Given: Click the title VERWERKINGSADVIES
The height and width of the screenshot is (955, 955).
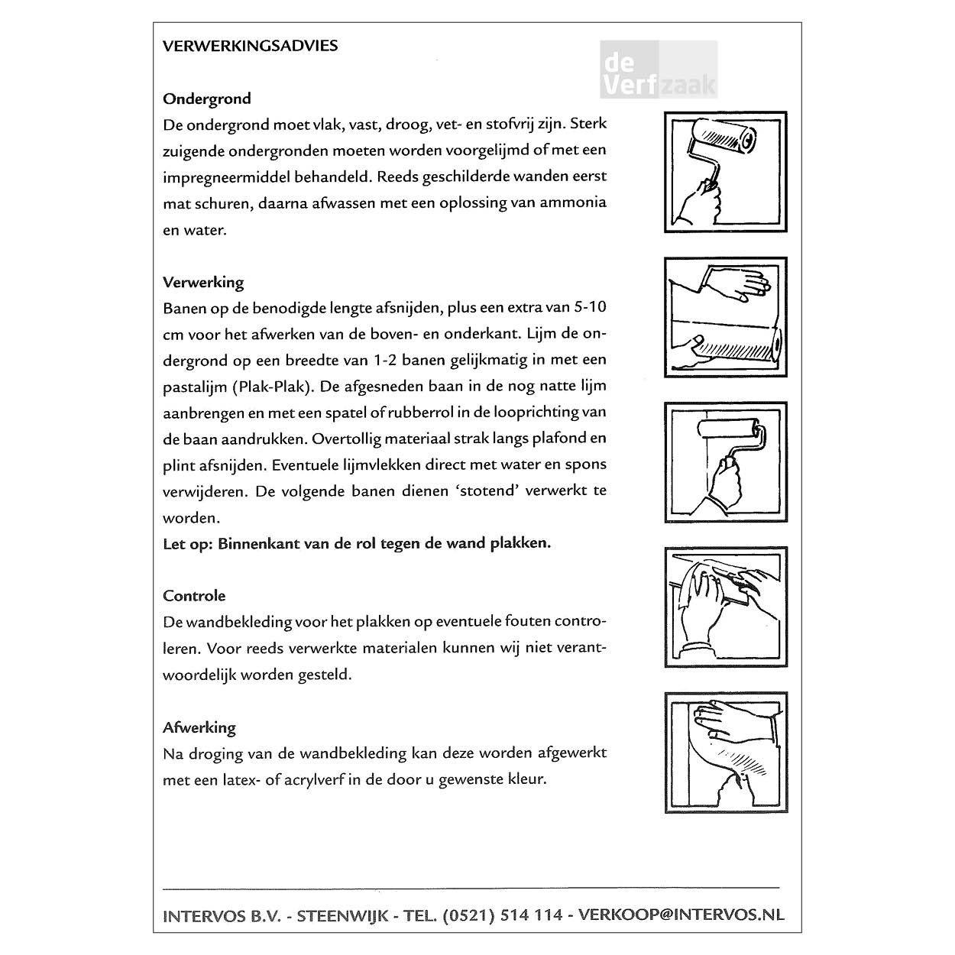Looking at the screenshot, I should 250,46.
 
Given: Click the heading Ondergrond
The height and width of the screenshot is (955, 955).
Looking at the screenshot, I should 206,99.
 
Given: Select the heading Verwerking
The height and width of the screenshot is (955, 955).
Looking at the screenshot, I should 203,282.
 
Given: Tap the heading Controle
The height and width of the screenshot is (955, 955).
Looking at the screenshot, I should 194,596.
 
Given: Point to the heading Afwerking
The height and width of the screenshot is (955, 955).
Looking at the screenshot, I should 199,727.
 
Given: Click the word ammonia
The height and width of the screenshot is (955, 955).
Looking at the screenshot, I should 573,202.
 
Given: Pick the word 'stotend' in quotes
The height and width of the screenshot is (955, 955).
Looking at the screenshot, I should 487,490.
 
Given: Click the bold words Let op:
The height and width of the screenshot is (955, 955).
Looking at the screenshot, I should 188,544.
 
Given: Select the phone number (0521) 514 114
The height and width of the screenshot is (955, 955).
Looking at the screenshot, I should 502,915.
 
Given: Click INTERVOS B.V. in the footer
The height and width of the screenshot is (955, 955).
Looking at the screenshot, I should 222,915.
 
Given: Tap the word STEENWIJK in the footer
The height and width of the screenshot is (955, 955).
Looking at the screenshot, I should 343,915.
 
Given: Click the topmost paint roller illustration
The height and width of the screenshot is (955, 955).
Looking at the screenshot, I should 725,171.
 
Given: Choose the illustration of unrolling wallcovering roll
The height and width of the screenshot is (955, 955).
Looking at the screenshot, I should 725,317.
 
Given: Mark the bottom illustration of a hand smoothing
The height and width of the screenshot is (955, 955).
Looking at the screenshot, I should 725,752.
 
